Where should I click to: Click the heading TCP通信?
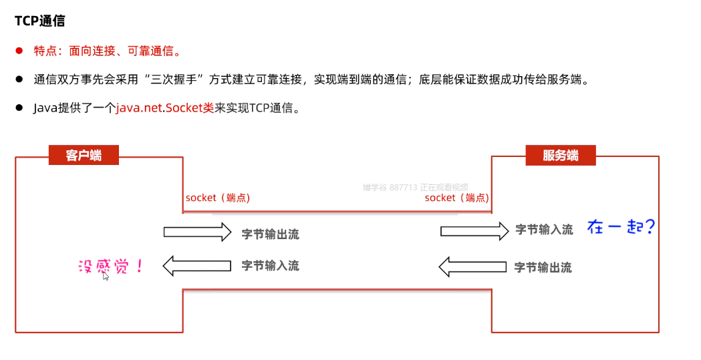point(40,21)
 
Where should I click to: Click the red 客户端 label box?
point(84,156)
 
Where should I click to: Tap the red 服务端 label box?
point(560,156)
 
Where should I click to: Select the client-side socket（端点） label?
point(218,198)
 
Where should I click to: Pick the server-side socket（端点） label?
point(456,198)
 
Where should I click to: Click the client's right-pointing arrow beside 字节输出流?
point(197,232)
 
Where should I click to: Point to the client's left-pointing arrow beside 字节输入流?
point(196,266)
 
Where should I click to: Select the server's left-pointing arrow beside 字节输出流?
point(473,267)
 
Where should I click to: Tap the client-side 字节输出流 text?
point(270,234)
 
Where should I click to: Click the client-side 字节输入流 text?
point(270,266)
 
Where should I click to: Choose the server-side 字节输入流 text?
point(544,230)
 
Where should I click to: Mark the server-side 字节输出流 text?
point(543,268)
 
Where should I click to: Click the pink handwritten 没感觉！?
point(111,267)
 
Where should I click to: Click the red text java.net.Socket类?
point(165,108)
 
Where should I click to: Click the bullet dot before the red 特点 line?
point(20,51)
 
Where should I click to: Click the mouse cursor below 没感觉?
point(106,275)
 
